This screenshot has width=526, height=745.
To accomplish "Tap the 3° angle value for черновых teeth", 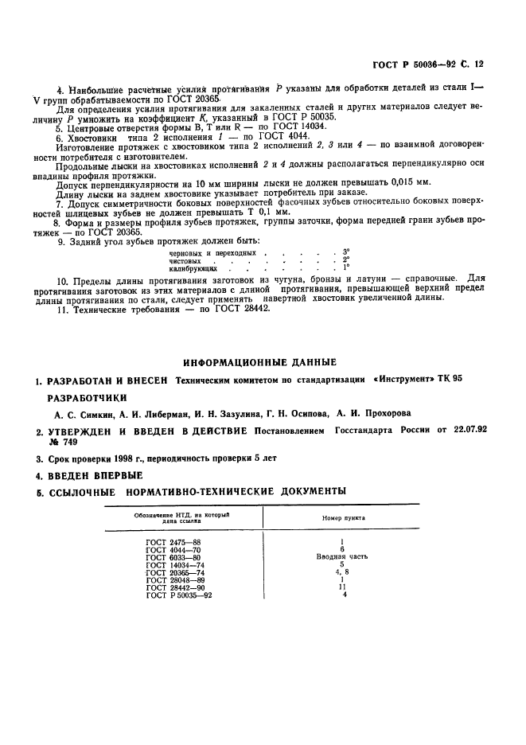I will coord(345,252).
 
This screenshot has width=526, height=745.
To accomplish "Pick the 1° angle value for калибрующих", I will coord(345,267).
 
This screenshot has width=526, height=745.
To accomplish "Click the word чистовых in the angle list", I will coord(186,259).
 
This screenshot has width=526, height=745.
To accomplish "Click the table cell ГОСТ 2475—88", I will coord(173,541).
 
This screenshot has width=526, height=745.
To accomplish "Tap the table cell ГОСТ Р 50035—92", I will coord(180,595).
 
